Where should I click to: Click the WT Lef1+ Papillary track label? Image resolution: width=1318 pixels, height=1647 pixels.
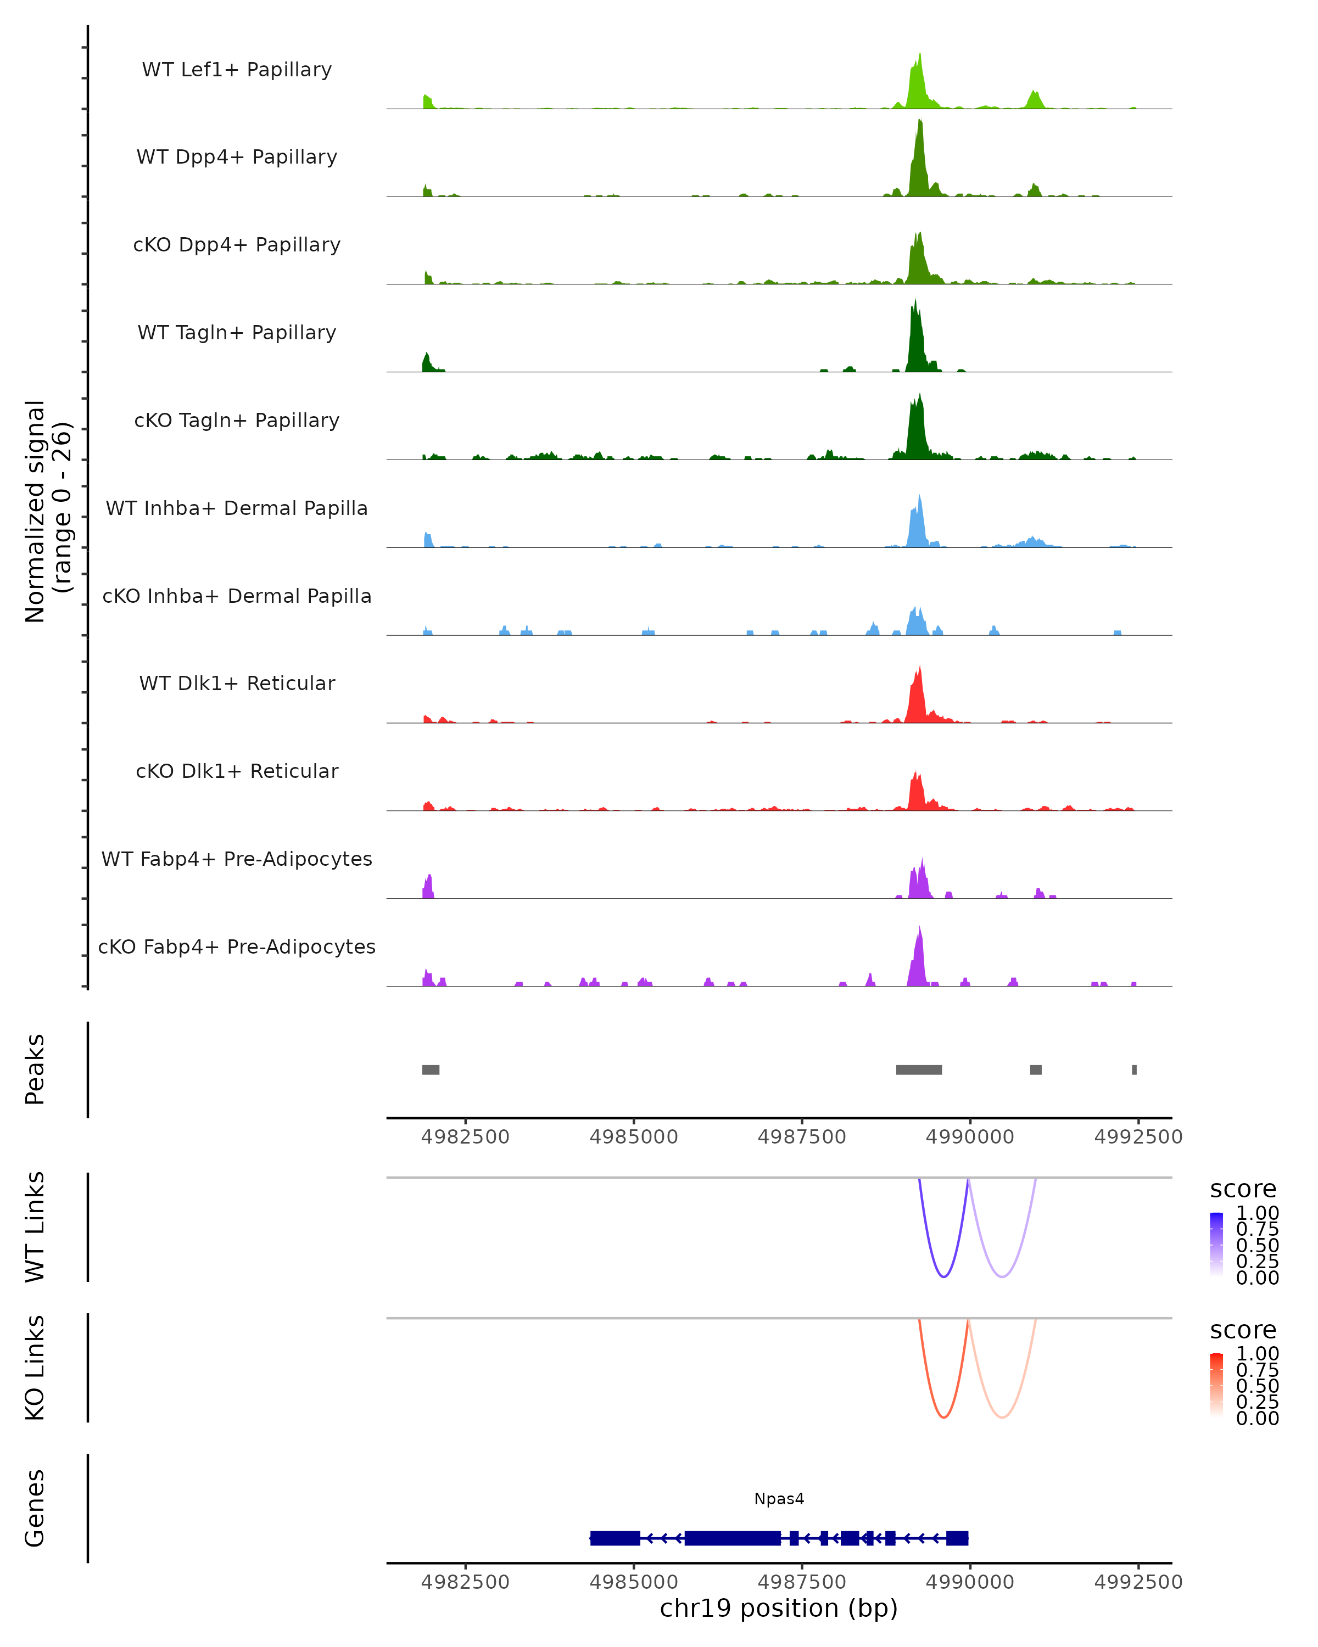tap(237, 70)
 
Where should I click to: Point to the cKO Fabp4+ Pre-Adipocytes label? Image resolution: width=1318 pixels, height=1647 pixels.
tap(237, 946)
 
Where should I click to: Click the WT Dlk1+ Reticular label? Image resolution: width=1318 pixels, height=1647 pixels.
tap(237, 683)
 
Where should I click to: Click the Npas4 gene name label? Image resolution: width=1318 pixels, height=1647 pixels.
tap(779, 1499)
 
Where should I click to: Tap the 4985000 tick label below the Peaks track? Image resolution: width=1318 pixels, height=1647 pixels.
tap(633, 1137)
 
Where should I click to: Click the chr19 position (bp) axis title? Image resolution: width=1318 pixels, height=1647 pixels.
tap(779, 1608)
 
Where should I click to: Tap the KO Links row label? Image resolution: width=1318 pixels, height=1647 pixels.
tap(35, 1368)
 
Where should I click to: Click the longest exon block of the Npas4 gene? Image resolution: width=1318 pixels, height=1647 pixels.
tap(732, 1538)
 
